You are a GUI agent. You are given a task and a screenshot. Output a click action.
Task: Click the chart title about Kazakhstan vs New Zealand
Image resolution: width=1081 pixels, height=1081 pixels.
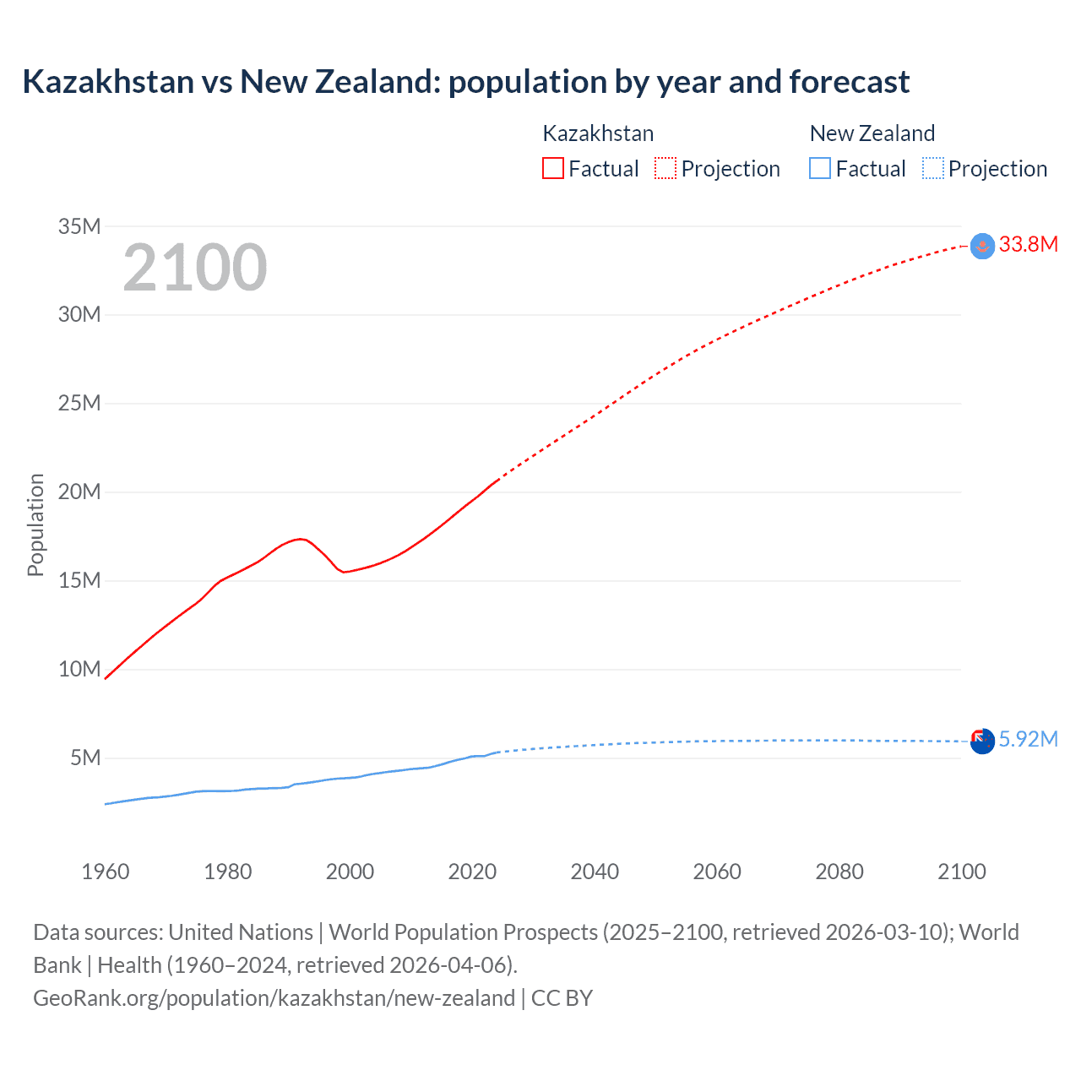click(x=465, y=82)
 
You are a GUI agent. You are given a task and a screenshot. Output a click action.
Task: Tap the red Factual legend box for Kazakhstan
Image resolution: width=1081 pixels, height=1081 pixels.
click(x=552, y=168)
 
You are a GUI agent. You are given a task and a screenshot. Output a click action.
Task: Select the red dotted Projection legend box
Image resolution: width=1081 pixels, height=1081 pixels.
click(x=665, y=168)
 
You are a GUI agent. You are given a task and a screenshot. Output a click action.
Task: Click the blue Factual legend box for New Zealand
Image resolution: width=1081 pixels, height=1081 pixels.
click(x=819, y=168)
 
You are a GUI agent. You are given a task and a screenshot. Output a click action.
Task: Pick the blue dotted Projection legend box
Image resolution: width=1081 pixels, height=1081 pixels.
click(x=933, y=168)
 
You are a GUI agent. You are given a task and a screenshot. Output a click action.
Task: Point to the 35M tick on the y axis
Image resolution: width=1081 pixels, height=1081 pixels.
click(x=79, y=226)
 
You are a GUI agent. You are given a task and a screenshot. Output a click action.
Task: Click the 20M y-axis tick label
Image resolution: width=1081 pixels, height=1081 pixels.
click(x=79, y=492)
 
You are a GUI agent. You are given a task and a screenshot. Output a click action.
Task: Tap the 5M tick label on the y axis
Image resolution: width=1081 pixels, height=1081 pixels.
click(x=85, y=758)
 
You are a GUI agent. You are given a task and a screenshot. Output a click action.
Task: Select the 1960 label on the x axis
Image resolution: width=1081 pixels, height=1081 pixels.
click(x=106, y=872)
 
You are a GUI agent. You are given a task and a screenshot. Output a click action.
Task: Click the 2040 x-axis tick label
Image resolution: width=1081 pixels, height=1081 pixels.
click(x=595, y=872)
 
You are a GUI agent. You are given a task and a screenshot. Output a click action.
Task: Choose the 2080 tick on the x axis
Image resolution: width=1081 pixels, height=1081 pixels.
click(x=839, y=872)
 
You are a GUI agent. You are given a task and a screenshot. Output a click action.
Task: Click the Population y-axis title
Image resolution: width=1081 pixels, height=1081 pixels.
click(x=35, y=524)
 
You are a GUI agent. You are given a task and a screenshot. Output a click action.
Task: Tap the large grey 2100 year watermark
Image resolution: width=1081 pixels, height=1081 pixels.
click(x=195, y=268)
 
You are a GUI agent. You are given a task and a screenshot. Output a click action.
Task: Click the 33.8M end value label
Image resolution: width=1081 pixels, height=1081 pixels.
click(x=1028, y=245)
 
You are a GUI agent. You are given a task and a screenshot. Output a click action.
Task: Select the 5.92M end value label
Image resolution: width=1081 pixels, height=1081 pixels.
click(x=1028, y=740)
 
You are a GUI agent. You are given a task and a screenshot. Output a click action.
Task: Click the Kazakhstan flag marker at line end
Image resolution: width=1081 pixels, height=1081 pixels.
click(x=982, y=246)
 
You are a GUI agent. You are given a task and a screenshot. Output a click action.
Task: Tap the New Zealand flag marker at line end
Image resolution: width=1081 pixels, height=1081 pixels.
click(x=982, y=741)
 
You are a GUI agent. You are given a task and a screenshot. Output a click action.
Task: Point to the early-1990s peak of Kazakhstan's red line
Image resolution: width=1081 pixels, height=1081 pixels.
click(x=300, y=539)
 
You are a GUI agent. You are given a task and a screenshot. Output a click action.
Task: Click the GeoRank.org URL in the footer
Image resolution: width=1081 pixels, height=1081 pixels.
click(x=274, y=998)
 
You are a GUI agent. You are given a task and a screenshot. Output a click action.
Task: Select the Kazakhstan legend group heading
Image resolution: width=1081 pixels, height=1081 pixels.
click(x=598, y=133)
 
